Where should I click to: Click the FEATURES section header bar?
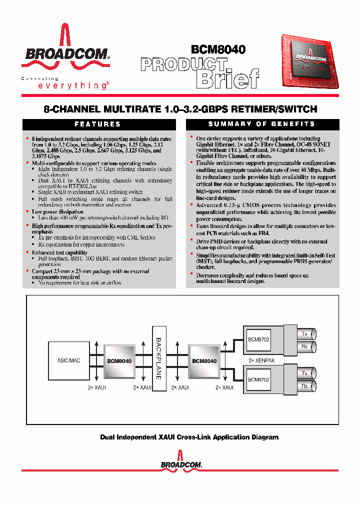pyautogui.click(x=98, y=124)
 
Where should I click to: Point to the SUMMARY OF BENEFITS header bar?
pyautogui.click(x=262, y=124)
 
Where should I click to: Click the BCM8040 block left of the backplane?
pyautogui.click(x=119, y=360)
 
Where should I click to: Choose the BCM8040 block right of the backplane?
pyautogui.click(x=204, y=360)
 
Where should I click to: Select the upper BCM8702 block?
pyautogui.click(x=258, y=340)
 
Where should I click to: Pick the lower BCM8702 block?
pyautogui.click(x=258, y=379)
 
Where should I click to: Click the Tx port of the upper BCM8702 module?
pyautogui.click(x=304, y=333)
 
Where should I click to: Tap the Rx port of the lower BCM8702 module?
pyautogui.click(x=304, y=386)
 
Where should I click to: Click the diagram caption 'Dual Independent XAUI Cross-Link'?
pyautogui.click(x=189, y=437)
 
